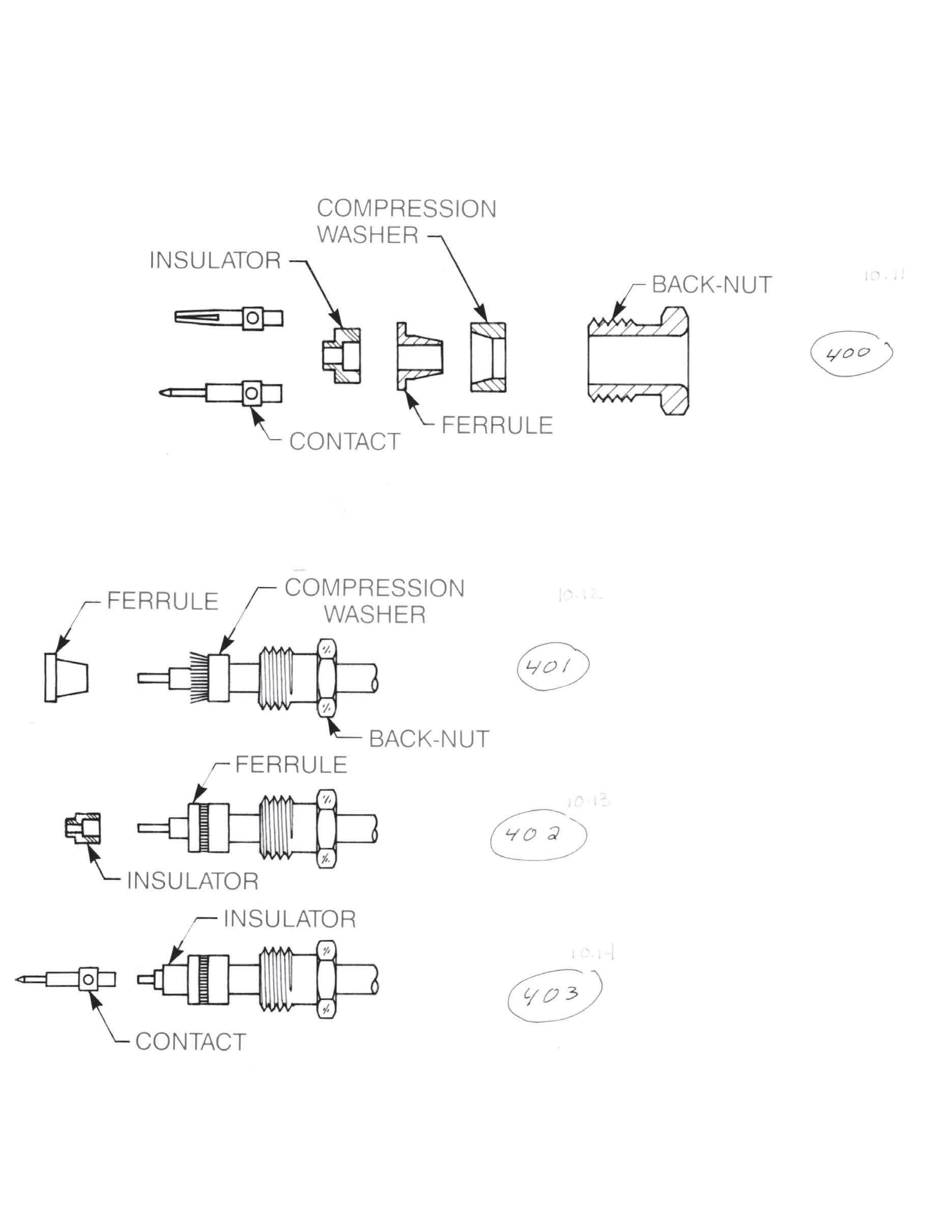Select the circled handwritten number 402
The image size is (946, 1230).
(x=538, y=836)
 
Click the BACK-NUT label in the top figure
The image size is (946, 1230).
(x=712, y=285)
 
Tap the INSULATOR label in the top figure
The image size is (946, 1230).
(x=215, y=261)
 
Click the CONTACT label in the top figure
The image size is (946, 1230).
(x=345, y=441)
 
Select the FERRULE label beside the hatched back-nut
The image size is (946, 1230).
(x=497, y=425)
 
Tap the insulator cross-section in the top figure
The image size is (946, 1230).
(x=341, y=356)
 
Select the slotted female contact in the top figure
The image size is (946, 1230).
(x=228, y=318)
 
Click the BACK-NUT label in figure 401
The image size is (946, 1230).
(x=429, y=738)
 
